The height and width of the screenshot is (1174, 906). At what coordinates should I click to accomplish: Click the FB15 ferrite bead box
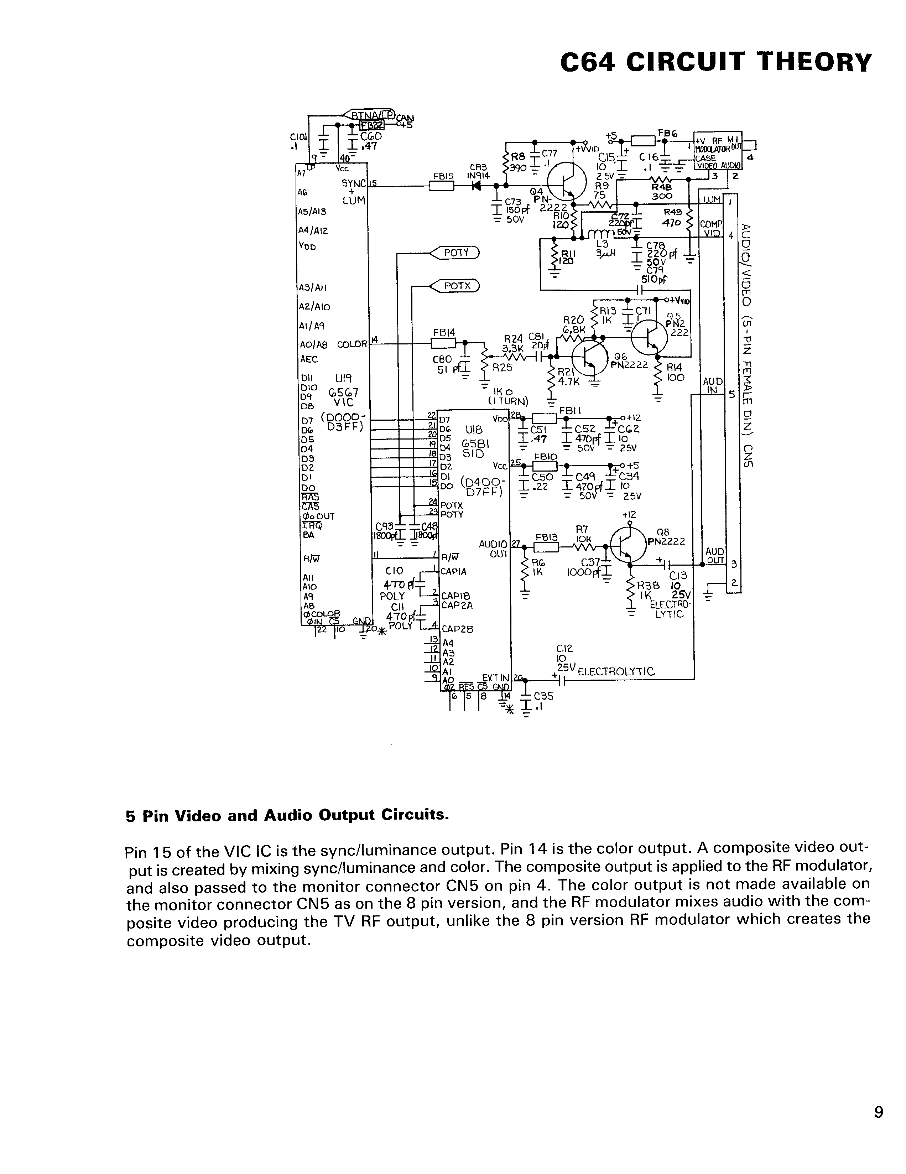coord(442,186)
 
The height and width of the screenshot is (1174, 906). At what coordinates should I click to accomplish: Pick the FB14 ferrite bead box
coord(443,342)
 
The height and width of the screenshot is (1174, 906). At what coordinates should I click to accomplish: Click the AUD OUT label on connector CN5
coord(714,556)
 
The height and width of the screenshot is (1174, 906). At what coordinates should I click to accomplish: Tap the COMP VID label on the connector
coord(710,228)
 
